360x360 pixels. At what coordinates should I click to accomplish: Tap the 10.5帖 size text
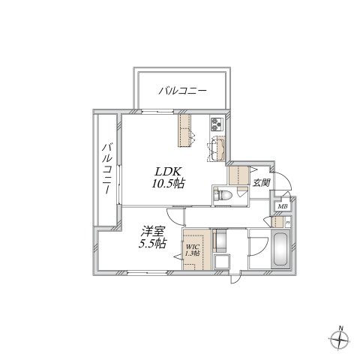[x=169, y=183]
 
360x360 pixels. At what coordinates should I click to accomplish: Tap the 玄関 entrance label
[x=261, y=182]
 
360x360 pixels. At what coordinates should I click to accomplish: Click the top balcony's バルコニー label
[x=182, y=91]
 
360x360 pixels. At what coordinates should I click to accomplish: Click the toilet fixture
[x=223, y=195]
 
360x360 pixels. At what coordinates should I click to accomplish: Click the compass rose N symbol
[x=340, y=338]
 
